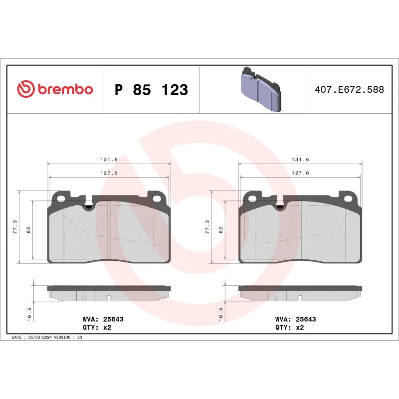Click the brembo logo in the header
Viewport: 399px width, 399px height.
(55, 89)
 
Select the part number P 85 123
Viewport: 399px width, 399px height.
(151, 90)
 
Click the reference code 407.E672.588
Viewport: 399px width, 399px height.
(349, 90)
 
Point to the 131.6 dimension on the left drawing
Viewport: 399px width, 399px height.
(108, 160)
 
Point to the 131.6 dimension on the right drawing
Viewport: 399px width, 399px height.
(300, 160)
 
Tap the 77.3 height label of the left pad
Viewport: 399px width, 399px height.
(15, 227)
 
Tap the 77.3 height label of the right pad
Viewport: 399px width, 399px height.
(207, 227)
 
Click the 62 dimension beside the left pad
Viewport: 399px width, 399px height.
(28, 229)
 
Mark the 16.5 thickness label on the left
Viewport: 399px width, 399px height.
(29, 314)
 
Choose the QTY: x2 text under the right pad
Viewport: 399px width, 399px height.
(289, 328)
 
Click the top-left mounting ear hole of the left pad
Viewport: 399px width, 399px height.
(61, 198)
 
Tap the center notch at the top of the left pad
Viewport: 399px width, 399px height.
(89, 205)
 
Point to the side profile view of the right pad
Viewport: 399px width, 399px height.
(300, 293)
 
